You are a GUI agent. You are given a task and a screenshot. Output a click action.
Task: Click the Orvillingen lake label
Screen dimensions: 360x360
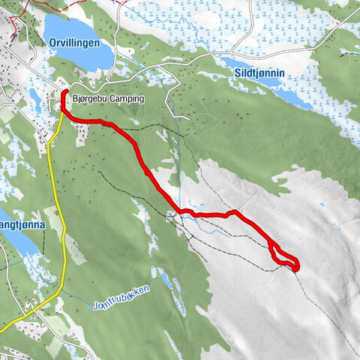(74, 44)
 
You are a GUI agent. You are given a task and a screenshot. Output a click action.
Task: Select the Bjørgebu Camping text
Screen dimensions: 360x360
(108, 98)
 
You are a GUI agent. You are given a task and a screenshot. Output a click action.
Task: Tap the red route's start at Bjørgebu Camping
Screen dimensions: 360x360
(66, 93)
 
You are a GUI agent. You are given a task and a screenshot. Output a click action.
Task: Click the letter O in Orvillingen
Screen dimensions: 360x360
(53, 44)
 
